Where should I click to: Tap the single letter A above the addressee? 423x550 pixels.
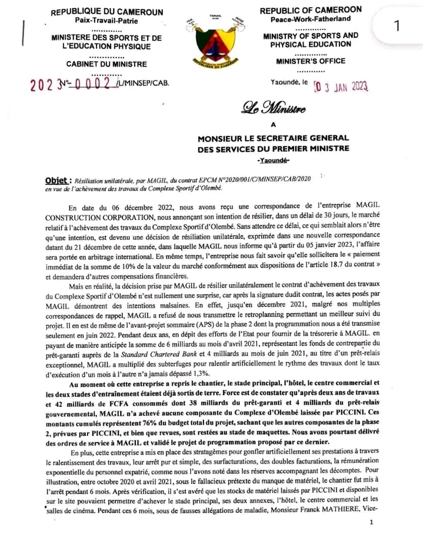click(272, 124)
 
